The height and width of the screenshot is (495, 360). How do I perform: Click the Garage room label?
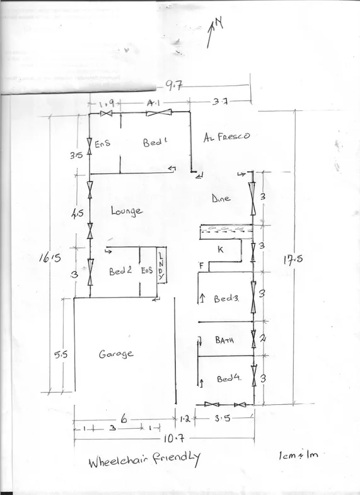click(x=116, y=354)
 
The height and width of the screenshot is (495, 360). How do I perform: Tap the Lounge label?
click(x=126, y=211)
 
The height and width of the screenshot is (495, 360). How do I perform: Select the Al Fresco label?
click(x=227, y=136)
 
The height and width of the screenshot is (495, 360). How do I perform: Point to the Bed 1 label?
click(x=153, y=143)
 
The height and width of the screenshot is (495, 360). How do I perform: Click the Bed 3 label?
click(x=226, y=298)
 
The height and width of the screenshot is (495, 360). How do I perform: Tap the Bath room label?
click(x=225, y=340)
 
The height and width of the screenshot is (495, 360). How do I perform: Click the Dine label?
click(x=221, y=199)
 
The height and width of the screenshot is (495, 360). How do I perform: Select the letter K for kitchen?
click(x=220, y=250)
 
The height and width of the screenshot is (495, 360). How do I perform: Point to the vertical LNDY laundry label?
click(x=161, y=265)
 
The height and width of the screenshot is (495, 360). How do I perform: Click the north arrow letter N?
click(x=219, y=23)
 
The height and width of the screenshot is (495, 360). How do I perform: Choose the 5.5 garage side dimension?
click(x=60, y=354)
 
